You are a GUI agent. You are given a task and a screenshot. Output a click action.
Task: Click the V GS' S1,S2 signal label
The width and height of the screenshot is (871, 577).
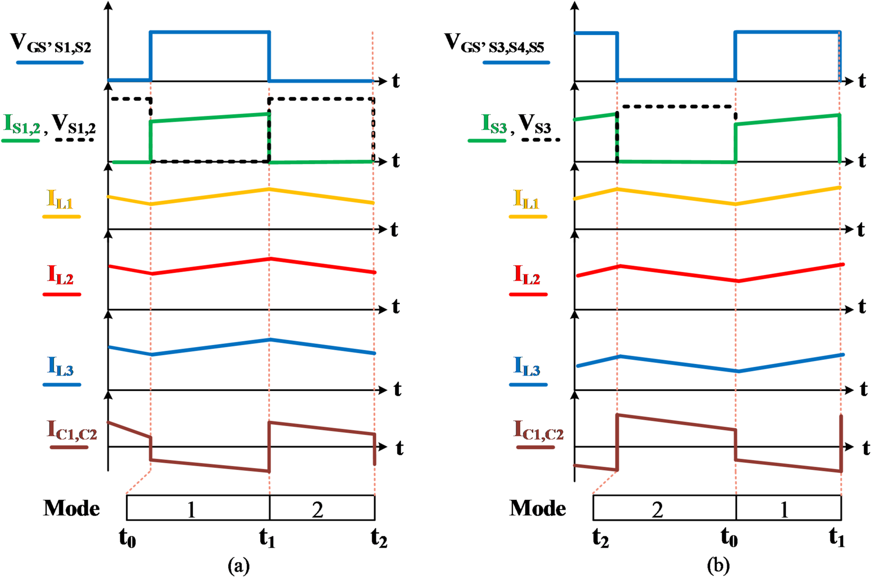coord(51,43)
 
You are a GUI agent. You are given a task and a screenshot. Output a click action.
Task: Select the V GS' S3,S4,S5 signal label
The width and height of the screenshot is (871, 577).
coord(494,43)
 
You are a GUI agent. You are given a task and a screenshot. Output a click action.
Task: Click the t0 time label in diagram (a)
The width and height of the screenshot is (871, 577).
coord(127,539)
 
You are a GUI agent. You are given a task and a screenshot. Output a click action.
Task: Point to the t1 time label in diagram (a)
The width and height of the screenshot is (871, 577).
coord(267,539)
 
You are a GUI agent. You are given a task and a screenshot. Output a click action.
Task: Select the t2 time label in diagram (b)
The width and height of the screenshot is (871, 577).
coord(600,539)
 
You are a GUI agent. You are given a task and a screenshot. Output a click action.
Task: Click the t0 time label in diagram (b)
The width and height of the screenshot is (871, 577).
coord(729,539)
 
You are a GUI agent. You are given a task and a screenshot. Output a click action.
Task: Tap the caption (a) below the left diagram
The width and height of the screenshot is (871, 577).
coord(239,566)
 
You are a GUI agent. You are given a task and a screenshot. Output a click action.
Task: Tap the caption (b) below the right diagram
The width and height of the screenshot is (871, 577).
coord(718,566)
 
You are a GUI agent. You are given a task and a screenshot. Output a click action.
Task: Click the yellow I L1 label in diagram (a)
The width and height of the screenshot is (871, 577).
coord(60,200)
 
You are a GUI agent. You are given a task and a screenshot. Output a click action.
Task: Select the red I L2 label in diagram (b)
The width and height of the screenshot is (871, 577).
coord(527,275)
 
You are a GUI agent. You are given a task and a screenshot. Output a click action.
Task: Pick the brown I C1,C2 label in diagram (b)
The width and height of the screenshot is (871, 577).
coord(538,431)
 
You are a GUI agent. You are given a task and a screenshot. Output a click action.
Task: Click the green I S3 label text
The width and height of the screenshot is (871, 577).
coord(494,124)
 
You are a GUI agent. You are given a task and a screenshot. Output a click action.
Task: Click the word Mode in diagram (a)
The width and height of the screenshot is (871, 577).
coord(72,508)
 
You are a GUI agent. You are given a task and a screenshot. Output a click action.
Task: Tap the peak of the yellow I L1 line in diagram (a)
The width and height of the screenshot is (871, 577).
coord(269,189)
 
